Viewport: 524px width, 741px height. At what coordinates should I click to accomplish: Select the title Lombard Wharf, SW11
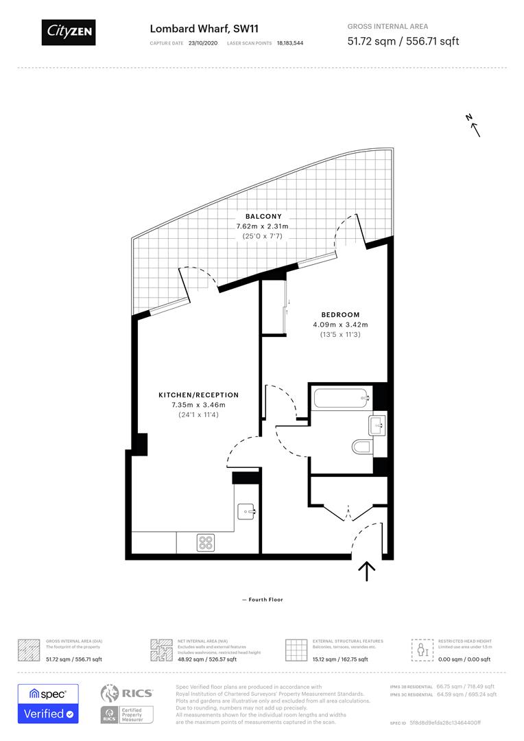click(x=189, y=28)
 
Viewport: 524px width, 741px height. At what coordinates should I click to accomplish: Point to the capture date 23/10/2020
click(x=202, y=43)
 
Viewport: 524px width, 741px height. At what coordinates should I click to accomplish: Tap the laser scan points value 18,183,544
click(x=290, y=43)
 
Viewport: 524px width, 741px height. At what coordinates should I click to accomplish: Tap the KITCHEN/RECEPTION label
click(x=199, y=395)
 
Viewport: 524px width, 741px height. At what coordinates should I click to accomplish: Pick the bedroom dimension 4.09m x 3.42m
click(x=340, y=325)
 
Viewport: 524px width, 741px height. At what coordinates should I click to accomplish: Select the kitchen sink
click(x=246, y=511)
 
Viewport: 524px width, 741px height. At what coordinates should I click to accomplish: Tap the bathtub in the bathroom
click(x=340, y=398)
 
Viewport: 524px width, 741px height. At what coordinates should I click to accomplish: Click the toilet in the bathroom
click(x=361, y=448)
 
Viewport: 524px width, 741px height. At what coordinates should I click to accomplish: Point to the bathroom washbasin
click(x=377, y=425)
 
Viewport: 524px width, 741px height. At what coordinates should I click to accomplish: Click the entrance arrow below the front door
click(x=367, y=571)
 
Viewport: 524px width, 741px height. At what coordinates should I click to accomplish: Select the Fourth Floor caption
click(x=263, y=600)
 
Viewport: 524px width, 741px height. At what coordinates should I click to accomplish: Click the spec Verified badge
click(x=48, y=703)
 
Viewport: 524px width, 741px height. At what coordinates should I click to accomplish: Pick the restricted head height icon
click(x=419, y=649)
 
